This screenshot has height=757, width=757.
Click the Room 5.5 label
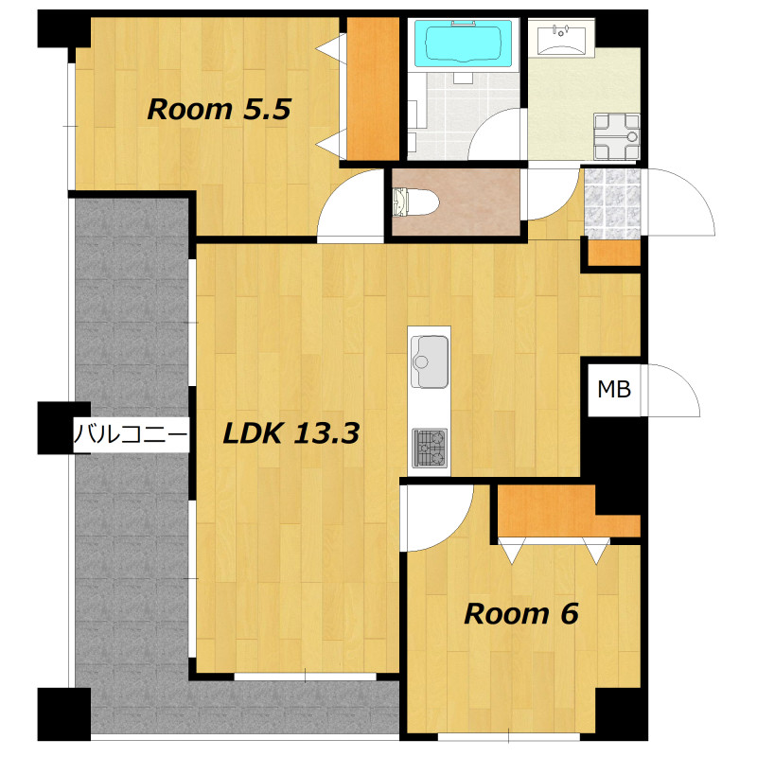(219, 109)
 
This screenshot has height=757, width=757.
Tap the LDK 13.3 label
(291, 433)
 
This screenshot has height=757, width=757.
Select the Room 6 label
(521, 614)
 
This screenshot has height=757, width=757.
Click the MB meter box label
(614, 389)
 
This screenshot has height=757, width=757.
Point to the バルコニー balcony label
(131, 434)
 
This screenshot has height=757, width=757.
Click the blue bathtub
(463, 44)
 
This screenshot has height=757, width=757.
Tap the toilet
(415, 202)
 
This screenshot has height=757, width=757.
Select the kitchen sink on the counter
(430, 361)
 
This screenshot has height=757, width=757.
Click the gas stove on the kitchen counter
(430, 448)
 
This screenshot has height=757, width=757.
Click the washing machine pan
(617, 136)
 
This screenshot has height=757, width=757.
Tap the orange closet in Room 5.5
(373, 89)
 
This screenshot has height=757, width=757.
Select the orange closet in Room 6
(568, 511)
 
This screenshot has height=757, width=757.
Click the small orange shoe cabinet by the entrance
(613, 252)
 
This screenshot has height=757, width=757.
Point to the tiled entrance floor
(612, 203)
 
